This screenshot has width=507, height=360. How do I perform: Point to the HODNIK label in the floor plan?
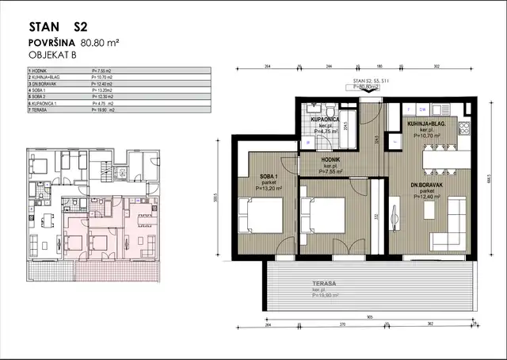tap(330, 162)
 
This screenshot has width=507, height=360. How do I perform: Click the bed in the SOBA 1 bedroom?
tap(262, 215)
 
